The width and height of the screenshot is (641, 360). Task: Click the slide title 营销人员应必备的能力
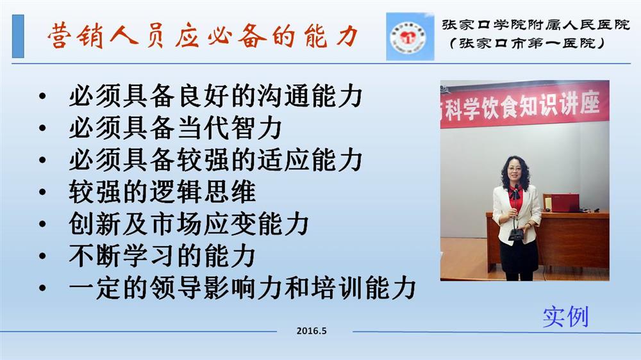point(203,36)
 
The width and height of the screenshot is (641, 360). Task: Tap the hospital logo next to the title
point(410,37)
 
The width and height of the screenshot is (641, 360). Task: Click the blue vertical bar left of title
point(18,36)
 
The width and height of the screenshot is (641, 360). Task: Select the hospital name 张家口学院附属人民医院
point(535,25)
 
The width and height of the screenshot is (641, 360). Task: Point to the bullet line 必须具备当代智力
point(176,128)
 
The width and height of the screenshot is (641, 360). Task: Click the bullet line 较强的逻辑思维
point(162,192)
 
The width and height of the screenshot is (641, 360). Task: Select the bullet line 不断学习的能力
point(162,256)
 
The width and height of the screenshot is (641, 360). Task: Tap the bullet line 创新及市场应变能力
point(189,224)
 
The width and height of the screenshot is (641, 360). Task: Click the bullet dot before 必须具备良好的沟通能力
point(42,97)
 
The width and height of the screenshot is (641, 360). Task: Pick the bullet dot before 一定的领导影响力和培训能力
point(42,288)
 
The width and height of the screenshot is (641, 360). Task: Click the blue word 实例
point(565,316)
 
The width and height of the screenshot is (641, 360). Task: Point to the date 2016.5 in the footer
point(312,331)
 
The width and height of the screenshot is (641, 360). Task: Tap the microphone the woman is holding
point(516,213)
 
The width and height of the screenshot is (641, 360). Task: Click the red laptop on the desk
point(562,202)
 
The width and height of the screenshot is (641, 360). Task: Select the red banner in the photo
point(524,105)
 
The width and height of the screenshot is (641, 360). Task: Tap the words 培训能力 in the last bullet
point(363,288)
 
